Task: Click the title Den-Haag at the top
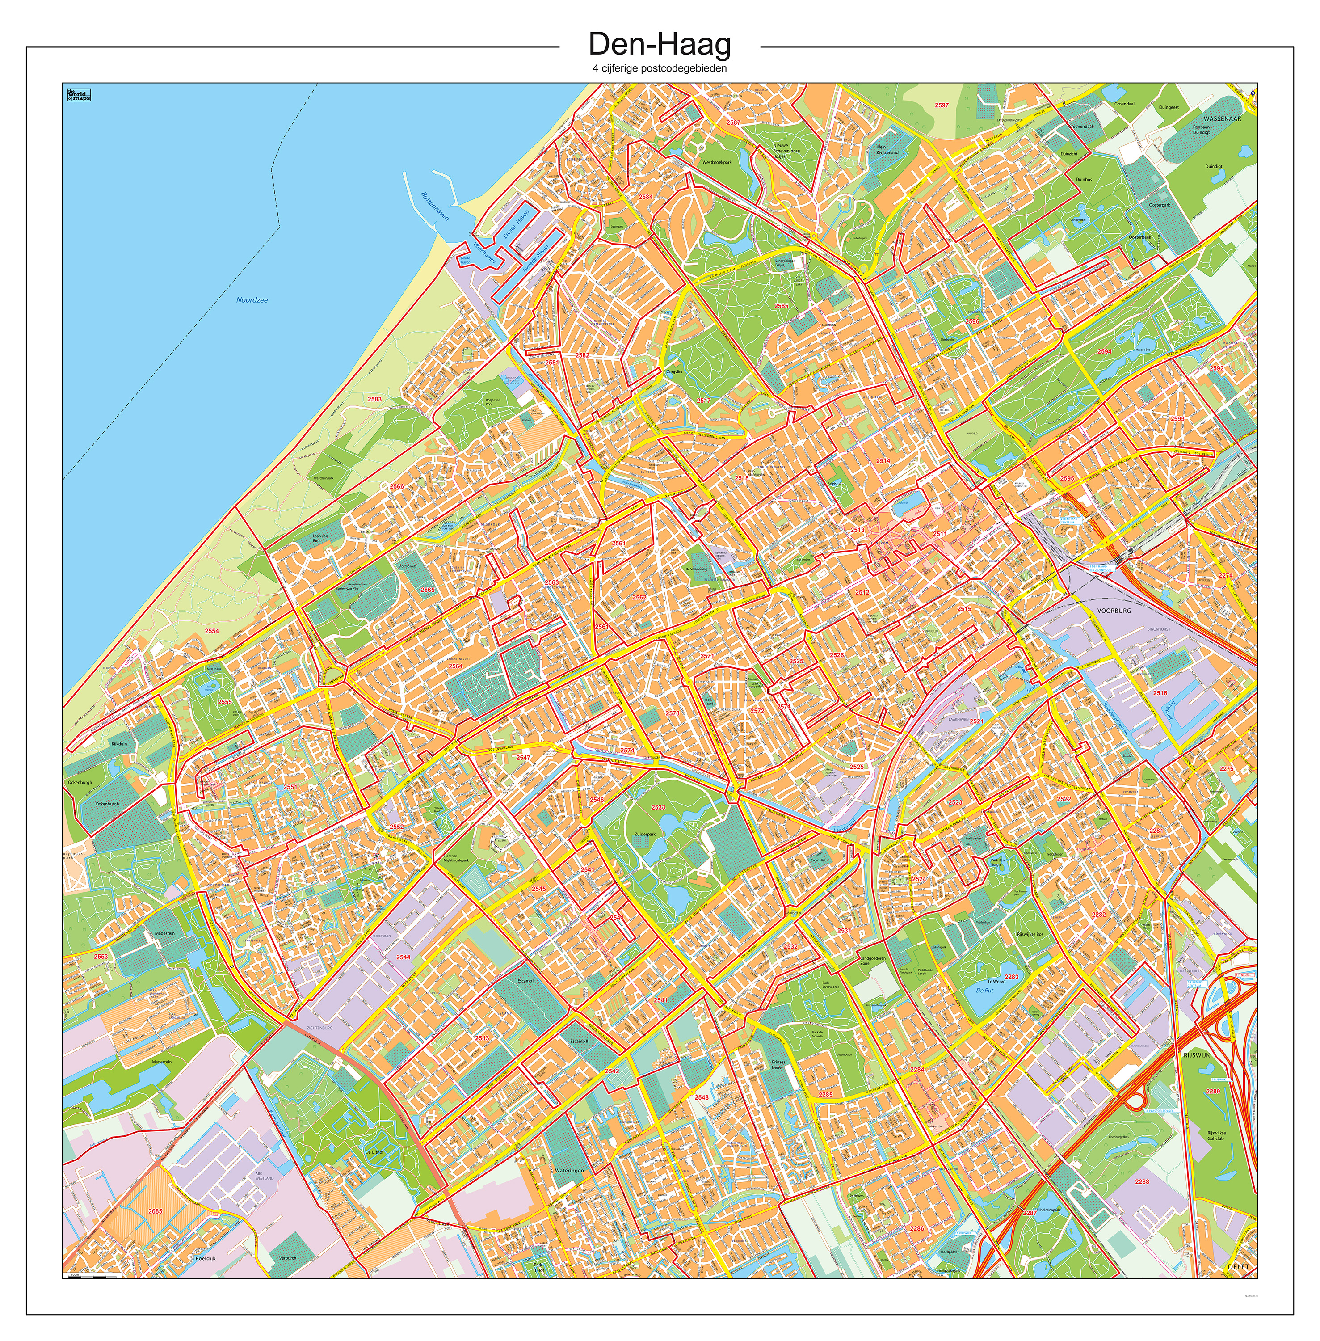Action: pos(659,45)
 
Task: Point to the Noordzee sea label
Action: pos(252,300)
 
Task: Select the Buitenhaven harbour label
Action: pos(435,206)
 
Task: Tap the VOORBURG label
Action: pos(1114,611)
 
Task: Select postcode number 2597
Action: pos(941,105)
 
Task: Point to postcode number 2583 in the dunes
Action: pos(374,399)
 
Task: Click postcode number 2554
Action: pos(211,631)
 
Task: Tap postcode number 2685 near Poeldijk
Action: pos(156,1211)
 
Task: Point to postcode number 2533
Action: pos(658,807)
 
